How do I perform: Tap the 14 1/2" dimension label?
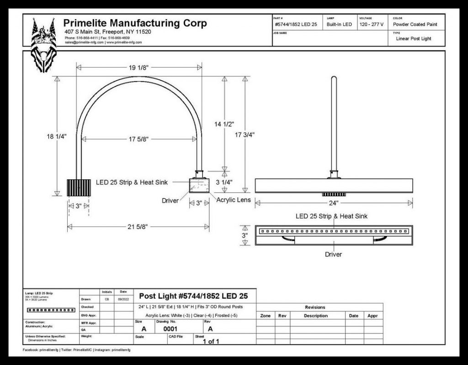pyautogui.click(x=224, y=124)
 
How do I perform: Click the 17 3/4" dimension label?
pyautogui.click(x=245, y=134)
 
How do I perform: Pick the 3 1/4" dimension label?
pyautogui.click(x=224, y=182)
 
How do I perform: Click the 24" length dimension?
pyautogui.click(x=333, y=203)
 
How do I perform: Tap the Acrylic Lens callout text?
pyautogui.click(x=234, y=200)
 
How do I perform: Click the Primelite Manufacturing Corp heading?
pyautogui.click(x=135, y=23)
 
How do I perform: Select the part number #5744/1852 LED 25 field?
pyautogui.click(x=296, y=24)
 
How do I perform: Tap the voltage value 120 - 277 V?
pyautogui.click(x=371, y=24)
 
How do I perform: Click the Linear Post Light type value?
pyautogui.click(x=413, y=39)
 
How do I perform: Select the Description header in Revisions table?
pyautogui.click(x=315, y=316)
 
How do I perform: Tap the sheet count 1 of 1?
pyautogui.click(x=211, y=341)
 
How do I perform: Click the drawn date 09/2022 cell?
pyautogui.click(x=123, y=299)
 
